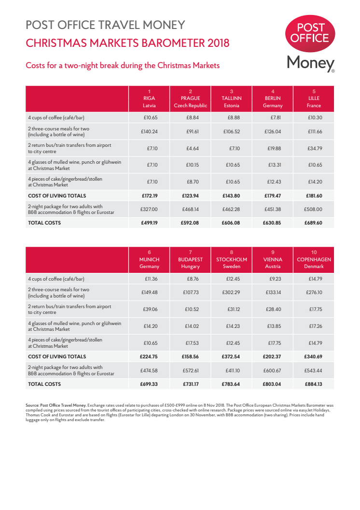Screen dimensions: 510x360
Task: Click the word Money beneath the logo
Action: tap(310, 63)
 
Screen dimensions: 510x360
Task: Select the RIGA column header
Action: tap(149, 98)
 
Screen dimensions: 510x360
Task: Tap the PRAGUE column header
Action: tap(190, 98)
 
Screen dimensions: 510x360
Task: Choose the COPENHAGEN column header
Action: tap(314, 259)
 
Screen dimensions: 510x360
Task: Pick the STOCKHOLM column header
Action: tap(231, 259)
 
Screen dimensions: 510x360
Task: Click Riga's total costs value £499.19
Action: tap(150, 223)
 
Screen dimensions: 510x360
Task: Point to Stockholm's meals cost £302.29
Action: tap(232, 293)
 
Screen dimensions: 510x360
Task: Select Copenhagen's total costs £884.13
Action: tap(314, 384)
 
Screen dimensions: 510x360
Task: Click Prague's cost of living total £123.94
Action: tap(191, 196)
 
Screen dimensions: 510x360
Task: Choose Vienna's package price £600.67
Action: tap(273, 370)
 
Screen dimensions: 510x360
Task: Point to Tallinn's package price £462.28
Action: tap(232, 209)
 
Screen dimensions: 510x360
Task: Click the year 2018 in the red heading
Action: tap(218, 43)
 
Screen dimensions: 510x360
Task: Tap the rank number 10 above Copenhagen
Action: tap(314, 252)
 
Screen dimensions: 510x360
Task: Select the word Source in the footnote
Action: tap(32, 405)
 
